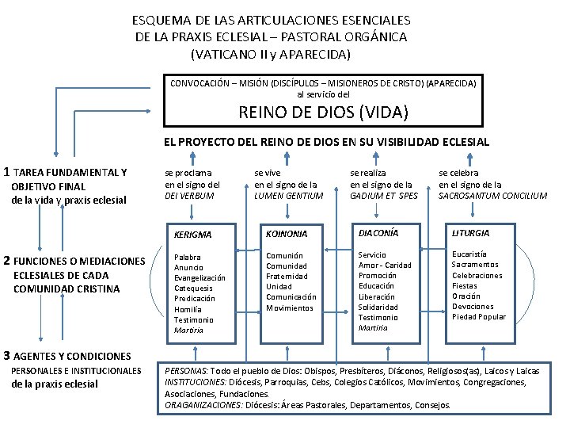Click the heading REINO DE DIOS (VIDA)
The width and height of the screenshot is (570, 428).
323,113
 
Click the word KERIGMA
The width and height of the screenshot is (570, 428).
193,235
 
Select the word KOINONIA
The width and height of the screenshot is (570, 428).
287,234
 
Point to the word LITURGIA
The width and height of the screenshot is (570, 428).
470,233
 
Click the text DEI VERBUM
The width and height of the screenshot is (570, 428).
189,196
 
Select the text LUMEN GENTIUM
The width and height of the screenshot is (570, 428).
289,196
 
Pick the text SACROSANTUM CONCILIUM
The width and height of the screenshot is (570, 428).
492,196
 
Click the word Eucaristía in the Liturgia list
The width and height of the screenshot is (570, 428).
470,254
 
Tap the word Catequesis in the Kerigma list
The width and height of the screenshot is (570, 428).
195,289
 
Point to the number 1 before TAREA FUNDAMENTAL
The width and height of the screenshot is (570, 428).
7,171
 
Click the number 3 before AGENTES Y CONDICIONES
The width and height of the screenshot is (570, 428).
7,355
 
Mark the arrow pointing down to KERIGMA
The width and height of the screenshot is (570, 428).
192,212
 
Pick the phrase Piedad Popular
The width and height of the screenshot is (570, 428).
479,317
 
